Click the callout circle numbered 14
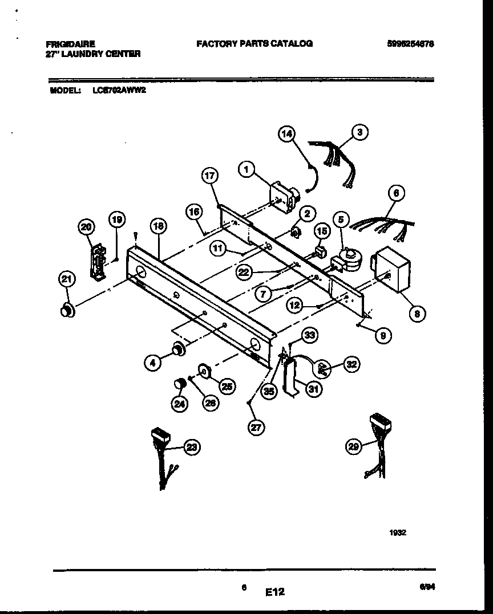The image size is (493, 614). pos(286,134)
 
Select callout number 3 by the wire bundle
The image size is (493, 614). pos(359,132)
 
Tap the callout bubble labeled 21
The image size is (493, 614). pos(67,279)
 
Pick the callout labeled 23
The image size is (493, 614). pos(191,448)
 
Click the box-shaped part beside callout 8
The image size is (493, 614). pos(392,268)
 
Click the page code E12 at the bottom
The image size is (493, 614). pos(274,592)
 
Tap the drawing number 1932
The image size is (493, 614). pos(398,532)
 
